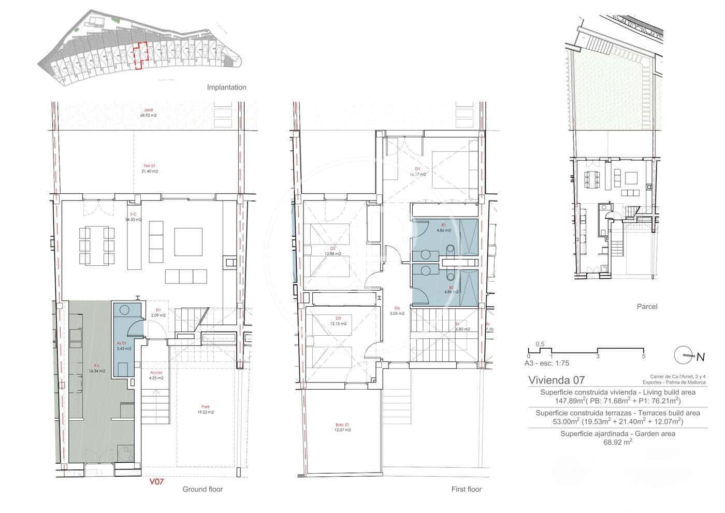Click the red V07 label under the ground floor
(x=156, y=481)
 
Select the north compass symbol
(x=685, y=355)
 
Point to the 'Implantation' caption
(x=226, y=87)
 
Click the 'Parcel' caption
(x=647, y=306)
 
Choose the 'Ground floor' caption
(x=202, y=489)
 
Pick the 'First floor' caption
(x=467, y=489)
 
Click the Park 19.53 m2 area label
(x=206, y=409)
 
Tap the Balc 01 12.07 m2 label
(x=342, y=427)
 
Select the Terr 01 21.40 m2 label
(x=150, y=168)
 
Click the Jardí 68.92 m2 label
(x=149, y=112)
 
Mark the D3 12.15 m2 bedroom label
(x=338, y=321)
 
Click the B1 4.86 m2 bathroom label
(x=443, y=227)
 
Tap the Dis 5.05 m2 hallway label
(x=397, y=310)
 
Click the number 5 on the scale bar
(x=643, y=357)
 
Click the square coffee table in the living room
(x=188, y=242)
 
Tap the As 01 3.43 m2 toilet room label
(x=124, y=346)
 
